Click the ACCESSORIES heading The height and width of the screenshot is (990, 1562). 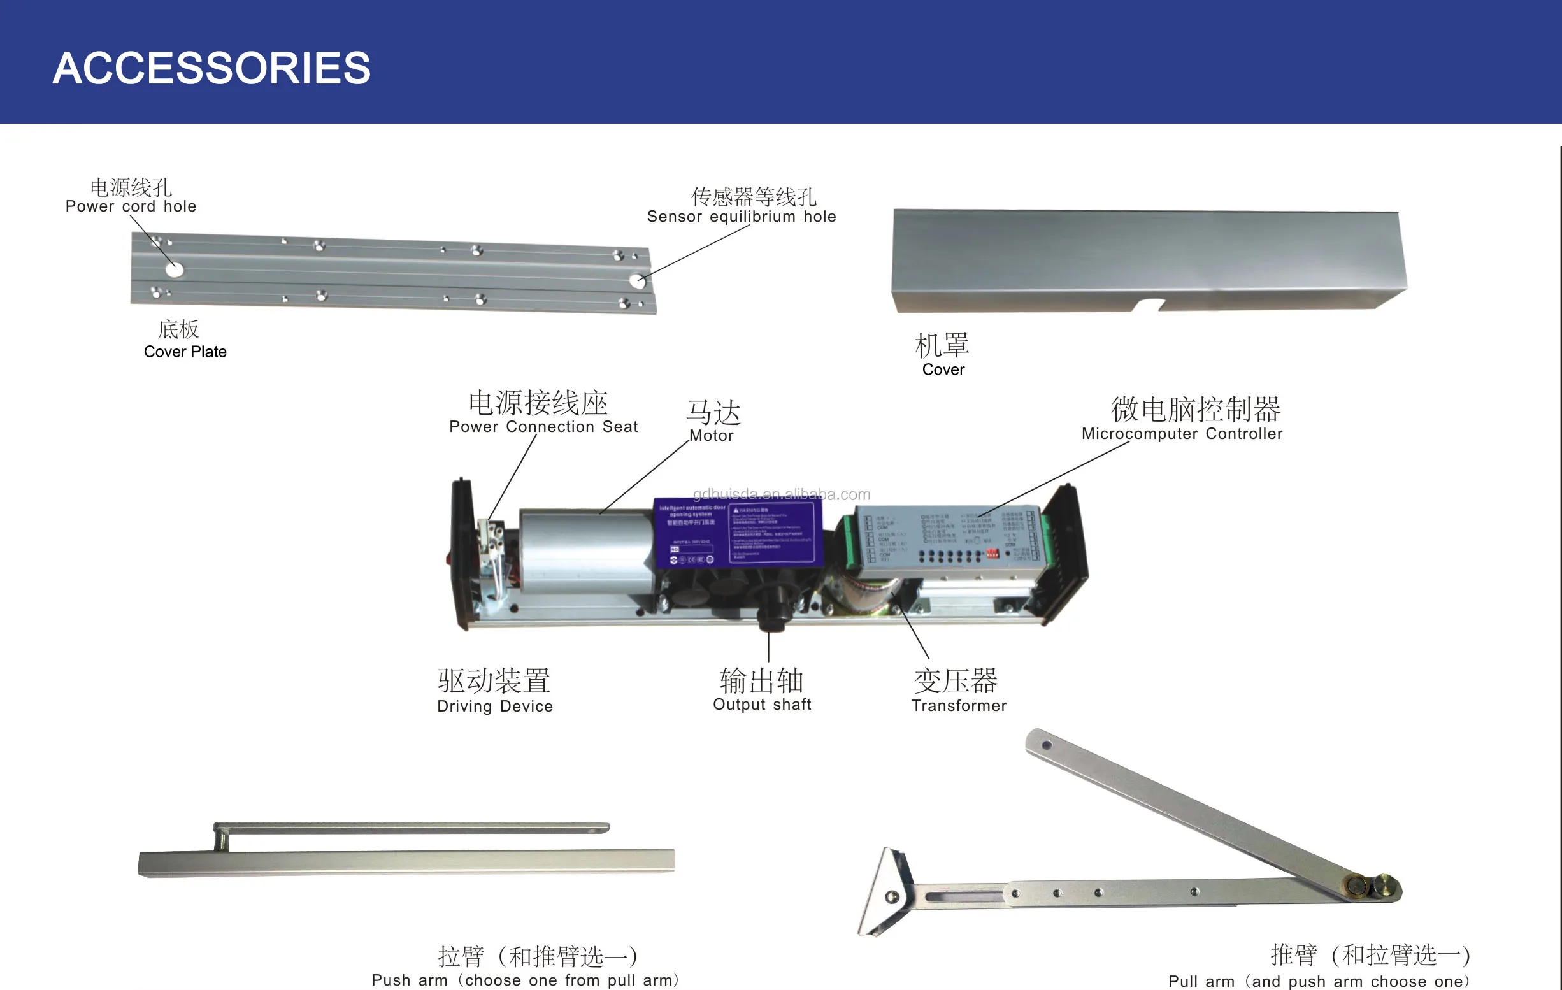click(211, 68)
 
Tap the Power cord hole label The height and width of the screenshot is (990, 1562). click(131, 206)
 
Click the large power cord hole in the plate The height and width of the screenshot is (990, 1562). click(175, 270)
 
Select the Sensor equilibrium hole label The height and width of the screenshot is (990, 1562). click(741, 217)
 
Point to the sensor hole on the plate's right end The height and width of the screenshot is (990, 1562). click(637, 281)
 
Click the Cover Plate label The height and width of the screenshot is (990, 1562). click(185, 352)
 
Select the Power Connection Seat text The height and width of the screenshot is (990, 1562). click(543, 427)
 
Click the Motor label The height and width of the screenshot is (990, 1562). click(711, 436)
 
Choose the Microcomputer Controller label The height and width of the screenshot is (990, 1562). click(1181, 434)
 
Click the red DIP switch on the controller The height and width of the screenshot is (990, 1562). click(992, 554)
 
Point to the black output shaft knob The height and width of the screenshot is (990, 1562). click(772, 613)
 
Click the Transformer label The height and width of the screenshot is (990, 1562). click(959, 706)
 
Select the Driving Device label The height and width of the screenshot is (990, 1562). click(494, 707)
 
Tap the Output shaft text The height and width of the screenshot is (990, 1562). click(761, 705)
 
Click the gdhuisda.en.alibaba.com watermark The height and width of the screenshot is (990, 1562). click(781, 494)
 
